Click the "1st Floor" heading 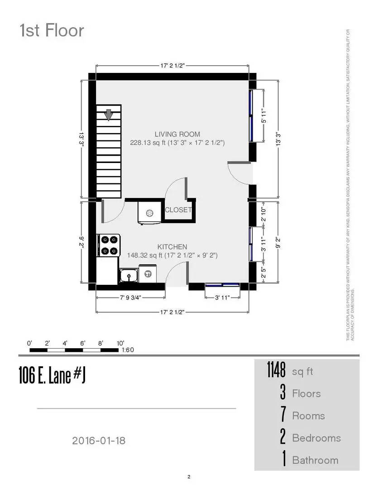click(x=52, y=31)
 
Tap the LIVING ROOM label click(x=177, y=134)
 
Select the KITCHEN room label click(x=172, y=247)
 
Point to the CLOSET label click(x=178, y=210)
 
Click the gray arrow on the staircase click(x=109, y=115)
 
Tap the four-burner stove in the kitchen click(x=108, y=245)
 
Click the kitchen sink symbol click(x=129, y=275)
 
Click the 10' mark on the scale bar click(x=120, y=343)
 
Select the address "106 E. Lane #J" click(x=52, y=375)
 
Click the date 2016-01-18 click(x=98, y=440)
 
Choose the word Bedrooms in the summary click(x=316, y=438)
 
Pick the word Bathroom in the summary click(x=315, y=460)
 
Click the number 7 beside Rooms click(x=283, y=416)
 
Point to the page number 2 click(x=189, y=476)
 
